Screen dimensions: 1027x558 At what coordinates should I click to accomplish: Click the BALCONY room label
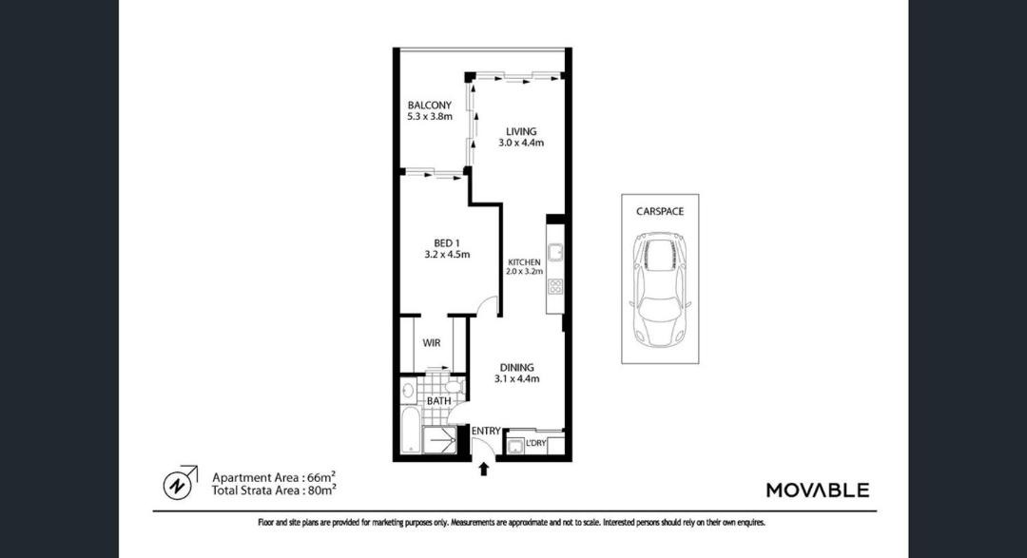(x=430, y=105)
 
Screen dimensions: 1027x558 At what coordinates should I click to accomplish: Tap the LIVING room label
(x=521, y=131)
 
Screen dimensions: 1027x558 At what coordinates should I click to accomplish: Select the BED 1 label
(x=447, y=243)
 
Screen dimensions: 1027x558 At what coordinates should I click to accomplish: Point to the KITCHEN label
(x=525, y=262)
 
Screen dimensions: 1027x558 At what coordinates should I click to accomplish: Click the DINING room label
(x=516, y=368)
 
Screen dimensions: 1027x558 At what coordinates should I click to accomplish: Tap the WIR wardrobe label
(x=432, y=342)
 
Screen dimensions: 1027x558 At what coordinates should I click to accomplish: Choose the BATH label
(x=438, y=401)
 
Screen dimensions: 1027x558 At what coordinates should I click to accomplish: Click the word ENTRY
(x=486, y=431)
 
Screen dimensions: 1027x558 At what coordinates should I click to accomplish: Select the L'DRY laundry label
(x=535, y=443)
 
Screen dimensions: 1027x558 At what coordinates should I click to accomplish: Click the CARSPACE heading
(x=660, y=212)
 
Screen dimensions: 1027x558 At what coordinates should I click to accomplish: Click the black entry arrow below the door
(x=484, y=469)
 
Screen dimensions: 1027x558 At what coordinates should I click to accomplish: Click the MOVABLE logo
(x=818, y=490)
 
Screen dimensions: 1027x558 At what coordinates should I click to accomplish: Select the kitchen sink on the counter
(x=555, y=252)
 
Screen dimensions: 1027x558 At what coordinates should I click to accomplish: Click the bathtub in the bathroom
(x=409, y=432)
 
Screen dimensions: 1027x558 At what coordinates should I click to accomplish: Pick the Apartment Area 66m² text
(x=274, y=477)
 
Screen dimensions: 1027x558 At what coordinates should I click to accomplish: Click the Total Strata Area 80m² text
(x=274, y=490)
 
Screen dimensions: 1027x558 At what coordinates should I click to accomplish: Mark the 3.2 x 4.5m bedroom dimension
(x=447, y=255)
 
